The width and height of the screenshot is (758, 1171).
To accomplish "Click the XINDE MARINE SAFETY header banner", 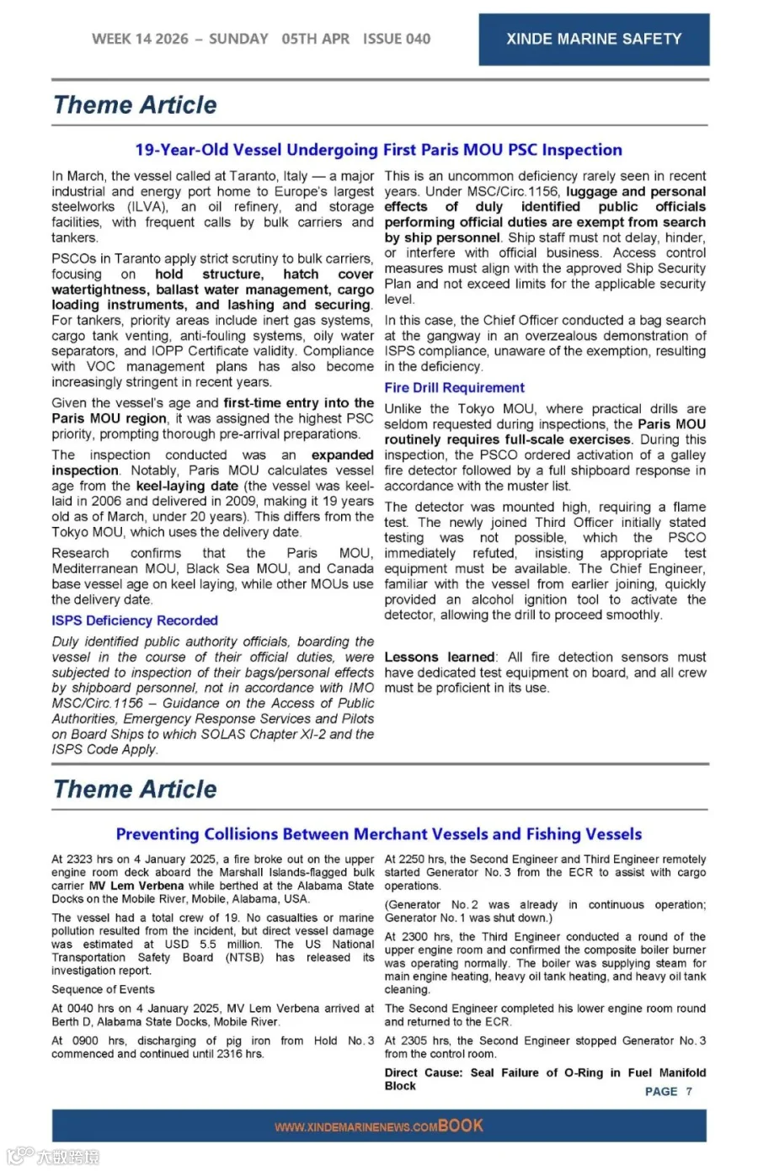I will pyautogui.click(x=594, y=39).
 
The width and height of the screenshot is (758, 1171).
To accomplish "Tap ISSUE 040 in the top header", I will pyautogui.click(x=396, y=39).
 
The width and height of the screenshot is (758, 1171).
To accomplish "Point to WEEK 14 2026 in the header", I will pyautogui.click(x=140, y=39).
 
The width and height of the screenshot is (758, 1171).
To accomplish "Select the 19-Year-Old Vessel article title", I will pyautogui.click(x=378, y=150).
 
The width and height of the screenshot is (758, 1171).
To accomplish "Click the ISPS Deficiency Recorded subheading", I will pyautogui.click(x=135, y=620).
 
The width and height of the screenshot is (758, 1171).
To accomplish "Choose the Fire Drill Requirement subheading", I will pyautogui.click(x=454, y=387).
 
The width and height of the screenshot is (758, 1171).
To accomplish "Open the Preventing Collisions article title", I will pyautogui.click(x=378, y=834).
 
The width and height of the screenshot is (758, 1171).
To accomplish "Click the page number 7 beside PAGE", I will pyautogui.click(x=689, y=1091).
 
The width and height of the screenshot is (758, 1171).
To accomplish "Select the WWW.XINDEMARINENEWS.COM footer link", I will pyautogui.click(x=355, y=1127).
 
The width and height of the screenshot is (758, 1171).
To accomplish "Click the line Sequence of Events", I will pyautogui.click(x=103, y=989).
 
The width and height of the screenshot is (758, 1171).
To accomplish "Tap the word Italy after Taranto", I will pyautogui.click(x=295, y=176).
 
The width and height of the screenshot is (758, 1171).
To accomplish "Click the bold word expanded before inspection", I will pyautogui.click(x=342, y=455).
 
